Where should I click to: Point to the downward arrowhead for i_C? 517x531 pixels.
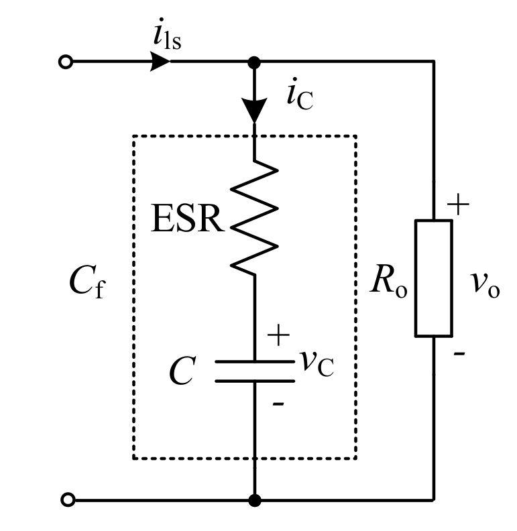click(x=254, y=111)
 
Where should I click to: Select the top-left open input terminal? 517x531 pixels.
click(x=65, y=62)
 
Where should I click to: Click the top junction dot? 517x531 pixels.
click(x=254, y=62)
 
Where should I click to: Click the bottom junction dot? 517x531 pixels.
click(x=254, y=500)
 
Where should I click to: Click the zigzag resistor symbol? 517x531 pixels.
click(x=255, y=218)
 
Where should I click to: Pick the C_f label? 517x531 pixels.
click(x=87, y=284)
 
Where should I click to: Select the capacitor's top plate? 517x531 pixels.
click(x=254, y=363)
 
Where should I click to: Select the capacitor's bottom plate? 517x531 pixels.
click(x=254, y=381)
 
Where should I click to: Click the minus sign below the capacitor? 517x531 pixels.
click(x=278, y=404)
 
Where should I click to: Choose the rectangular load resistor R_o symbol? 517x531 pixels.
click(x=433, y=278)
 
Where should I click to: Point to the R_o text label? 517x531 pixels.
click(x=389, y=286)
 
